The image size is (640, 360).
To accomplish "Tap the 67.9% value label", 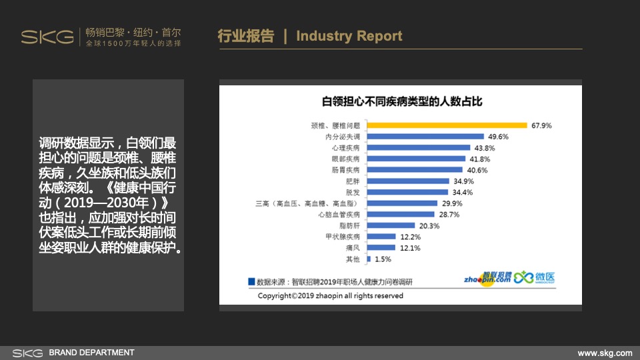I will tap(541, 125).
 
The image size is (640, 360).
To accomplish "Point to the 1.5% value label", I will tap(383, 259).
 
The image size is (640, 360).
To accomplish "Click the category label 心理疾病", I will tap(345, 147).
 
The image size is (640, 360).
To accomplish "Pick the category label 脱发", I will tap(353, 192).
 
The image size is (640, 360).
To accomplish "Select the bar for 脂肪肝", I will tap(389, 225).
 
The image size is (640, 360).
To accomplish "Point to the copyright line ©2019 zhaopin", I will tap(330, 295).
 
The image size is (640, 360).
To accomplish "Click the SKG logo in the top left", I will tap(47, 37).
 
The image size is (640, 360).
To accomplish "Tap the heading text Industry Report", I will tap(349, 36).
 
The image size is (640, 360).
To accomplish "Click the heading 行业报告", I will tap(245, 36).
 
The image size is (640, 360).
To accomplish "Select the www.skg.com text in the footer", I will tap(604, 353).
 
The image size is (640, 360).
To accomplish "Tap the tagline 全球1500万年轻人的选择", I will tap(133, 43).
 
